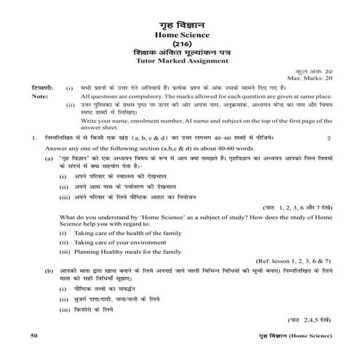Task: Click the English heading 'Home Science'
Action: point(180,35)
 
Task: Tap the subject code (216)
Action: point(180,47)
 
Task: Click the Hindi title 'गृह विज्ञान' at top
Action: point(180,22)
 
